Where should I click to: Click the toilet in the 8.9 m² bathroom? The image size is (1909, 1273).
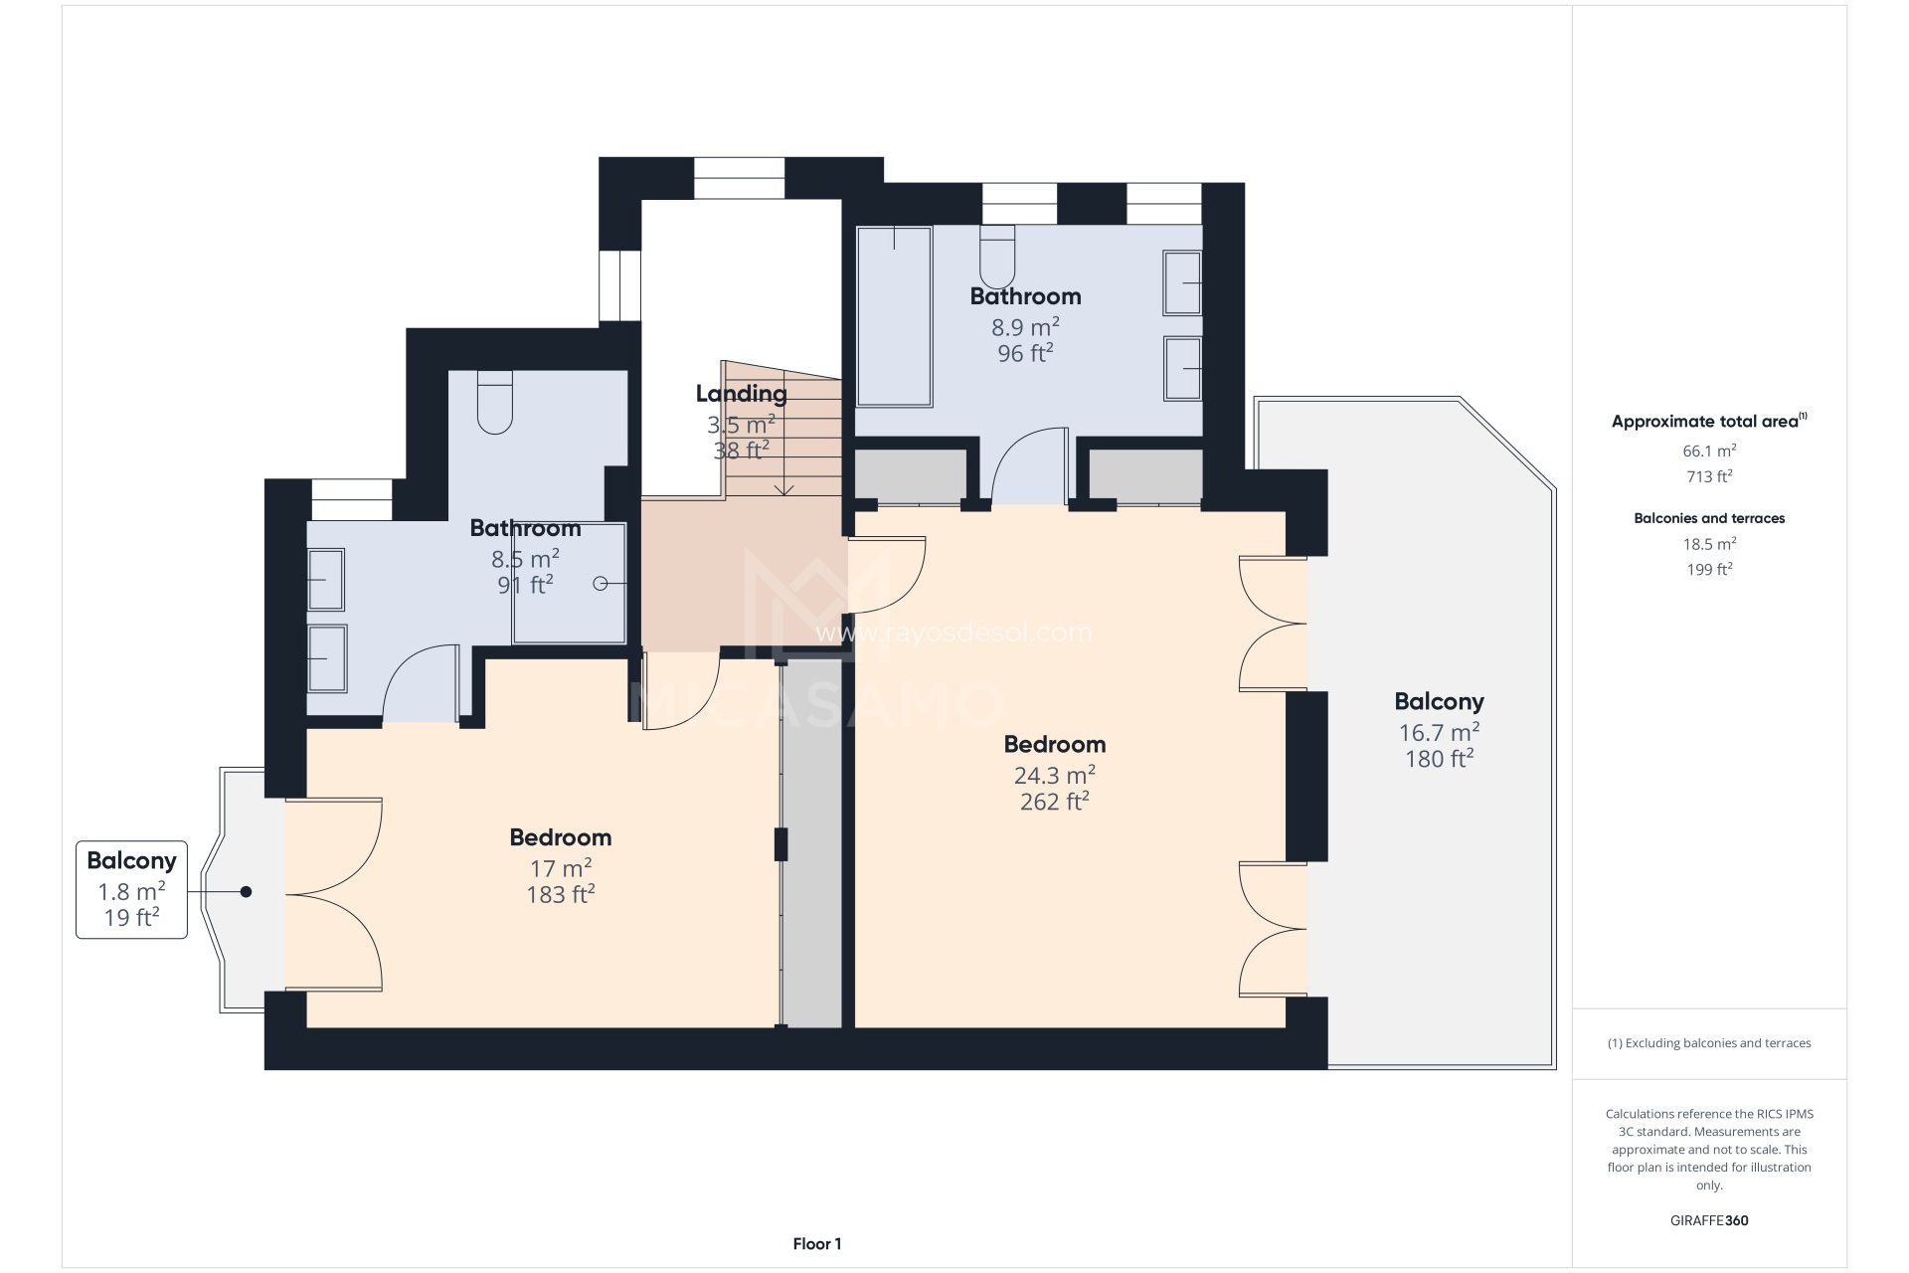(996, 257)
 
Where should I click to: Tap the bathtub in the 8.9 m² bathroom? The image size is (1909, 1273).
(894, 316)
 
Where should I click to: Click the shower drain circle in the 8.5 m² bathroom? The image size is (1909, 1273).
(601, 584)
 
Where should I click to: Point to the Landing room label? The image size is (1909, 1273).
(741, 394)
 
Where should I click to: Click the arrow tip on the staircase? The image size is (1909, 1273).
(785, 491)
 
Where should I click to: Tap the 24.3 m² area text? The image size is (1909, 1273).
(1054, 775)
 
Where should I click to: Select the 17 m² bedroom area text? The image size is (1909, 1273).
(560, 868)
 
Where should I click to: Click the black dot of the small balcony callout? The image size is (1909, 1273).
(246, 892)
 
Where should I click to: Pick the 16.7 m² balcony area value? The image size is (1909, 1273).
(1438, 733)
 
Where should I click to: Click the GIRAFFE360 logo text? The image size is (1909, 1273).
(1708, 1220)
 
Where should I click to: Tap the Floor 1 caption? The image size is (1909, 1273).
(816, 1243)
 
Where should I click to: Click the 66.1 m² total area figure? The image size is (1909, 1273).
(1708, 451)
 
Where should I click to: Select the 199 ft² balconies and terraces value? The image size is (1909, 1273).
(1708, 570)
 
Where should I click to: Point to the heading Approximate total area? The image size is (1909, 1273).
(1707, 422)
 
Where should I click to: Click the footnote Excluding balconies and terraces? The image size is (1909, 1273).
(1708, 1043)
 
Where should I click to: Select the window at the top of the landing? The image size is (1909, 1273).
(739, 178)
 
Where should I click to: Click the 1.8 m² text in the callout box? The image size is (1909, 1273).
(131, 891)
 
